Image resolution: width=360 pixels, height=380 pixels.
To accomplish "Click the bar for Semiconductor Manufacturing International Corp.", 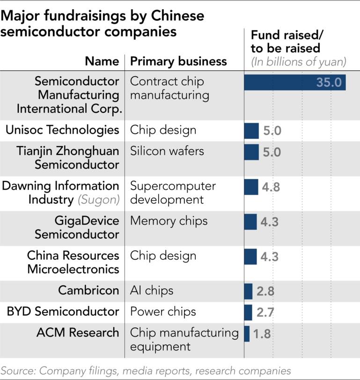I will click(294, 82).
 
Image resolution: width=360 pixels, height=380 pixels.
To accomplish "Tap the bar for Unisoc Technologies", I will click(251, 131).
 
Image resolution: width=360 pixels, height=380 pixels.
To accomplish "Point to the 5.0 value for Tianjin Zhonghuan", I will click(272, 152).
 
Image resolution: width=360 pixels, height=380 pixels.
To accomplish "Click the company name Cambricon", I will click(88, 290).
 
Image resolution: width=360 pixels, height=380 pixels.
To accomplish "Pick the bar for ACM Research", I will click(247, 333).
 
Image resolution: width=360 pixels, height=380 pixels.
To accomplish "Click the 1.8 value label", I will click(262, 334).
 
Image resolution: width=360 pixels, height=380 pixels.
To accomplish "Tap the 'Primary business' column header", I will click(178, 61).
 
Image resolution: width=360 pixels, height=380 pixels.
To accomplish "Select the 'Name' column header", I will click(102, 61).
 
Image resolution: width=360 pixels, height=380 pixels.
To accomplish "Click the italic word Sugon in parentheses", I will click(99, 199).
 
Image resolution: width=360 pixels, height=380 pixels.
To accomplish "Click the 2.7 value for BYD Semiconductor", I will click(265, 312).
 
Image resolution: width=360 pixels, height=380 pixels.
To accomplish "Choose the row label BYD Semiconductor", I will click(62, 312).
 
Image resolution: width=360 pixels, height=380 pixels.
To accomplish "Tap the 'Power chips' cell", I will click(162, 312).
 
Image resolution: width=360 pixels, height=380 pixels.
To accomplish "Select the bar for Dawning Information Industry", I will click(251, 187).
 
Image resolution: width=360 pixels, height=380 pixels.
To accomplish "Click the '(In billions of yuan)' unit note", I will click(298, 62).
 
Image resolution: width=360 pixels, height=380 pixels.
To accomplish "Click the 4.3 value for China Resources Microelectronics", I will click(269, 256).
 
